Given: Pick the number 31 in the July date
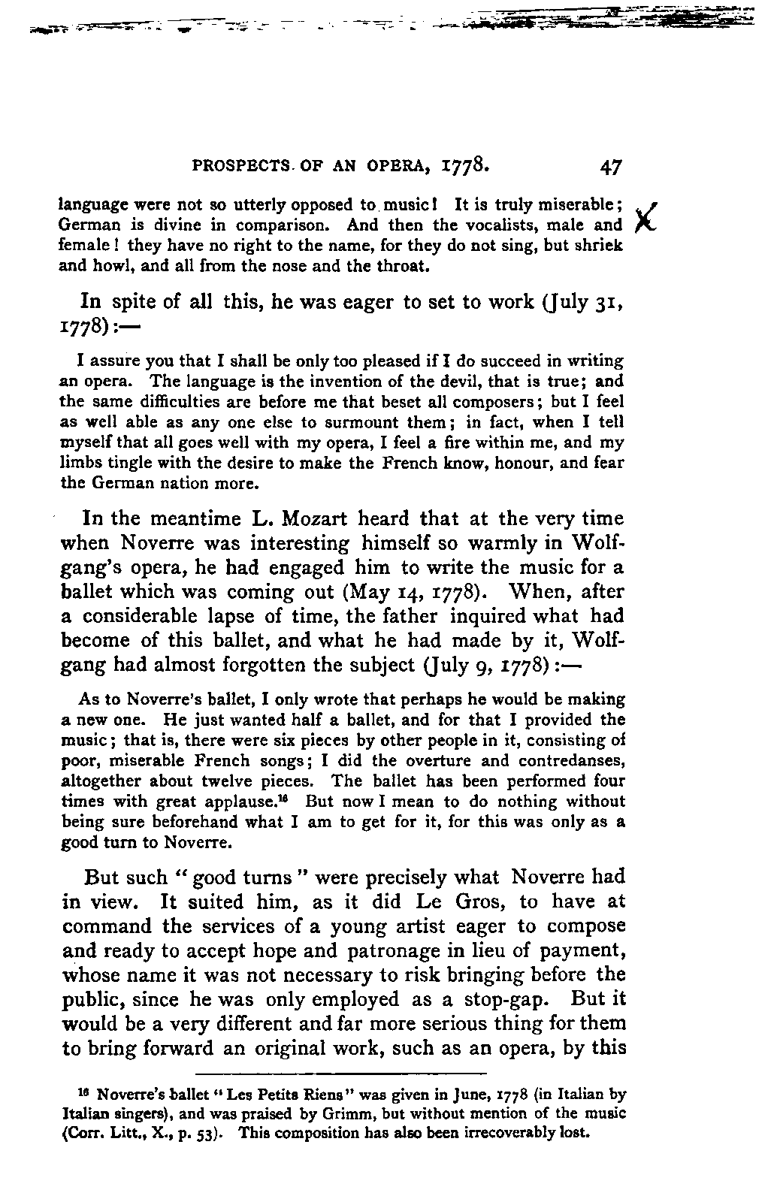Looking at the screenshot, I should [x=607, y=302].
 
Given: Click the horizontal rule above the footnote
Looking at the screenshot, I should [x=342, y=1072].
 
